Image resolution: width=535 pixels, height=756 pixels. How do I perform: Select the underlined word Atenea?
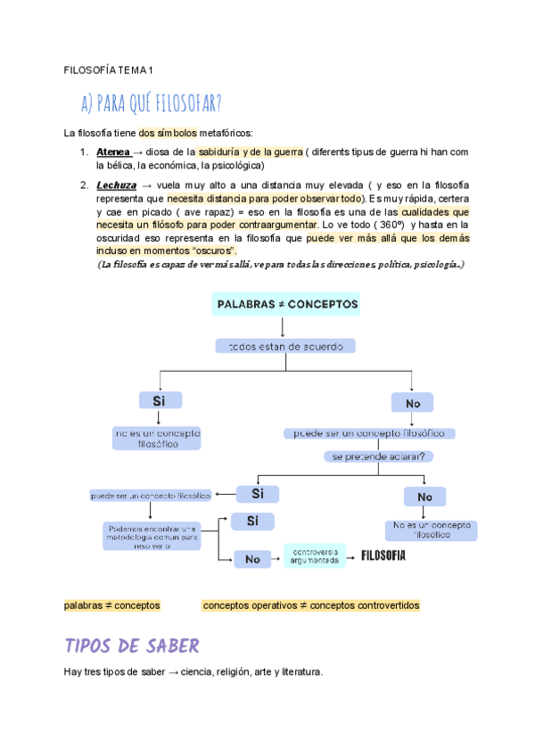pyautogui.click(x=113, y=152)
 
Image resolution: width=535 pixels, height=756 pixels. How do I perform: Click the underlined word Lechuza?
pyautogui.click(x=117, y=185)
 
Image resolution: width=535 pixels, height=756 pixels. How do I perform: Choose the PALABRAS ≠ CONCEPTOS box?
pyautogui.click(x=286, y=304)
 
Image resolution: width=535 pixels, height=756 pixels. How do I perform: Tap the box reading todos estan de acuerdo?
pyautogui.click(x=286, y=346)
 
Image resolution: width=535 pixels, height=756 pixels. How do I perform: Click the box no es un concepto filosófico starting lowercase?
pyautogui.click(x=158, y=438)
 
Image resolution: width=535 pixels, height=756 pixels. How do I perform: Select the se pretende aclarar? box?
pyautogui.click(x=378, y=456)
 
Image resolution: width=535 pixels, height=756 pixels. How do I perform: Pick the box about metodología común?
pyautogui.click(x=150, y=536)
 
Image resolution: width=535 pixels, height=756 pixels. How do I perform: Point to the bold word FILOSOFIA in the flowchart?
pyautogui.click(x=383, y=556)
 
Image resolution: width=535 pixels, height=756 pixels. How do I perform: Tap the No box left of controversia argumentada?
pyautogui.click(x=252, y=559)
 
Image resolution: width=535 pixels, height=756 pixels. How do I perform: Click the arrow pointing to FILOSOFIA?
pyautogui.click(x=352, y=556)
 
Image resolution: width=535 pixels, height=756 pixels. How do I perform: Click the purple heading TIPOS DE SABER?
pyautogui.click(x=132, y=645)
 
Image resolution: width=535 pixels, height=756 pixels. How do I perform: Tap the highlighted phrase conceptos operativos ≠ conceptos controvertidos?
pyautogui.click(x=311, y=605)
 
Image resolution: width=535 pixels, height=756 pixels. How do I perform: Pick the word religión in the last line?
pyautogui.click(x=240, y=671)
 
